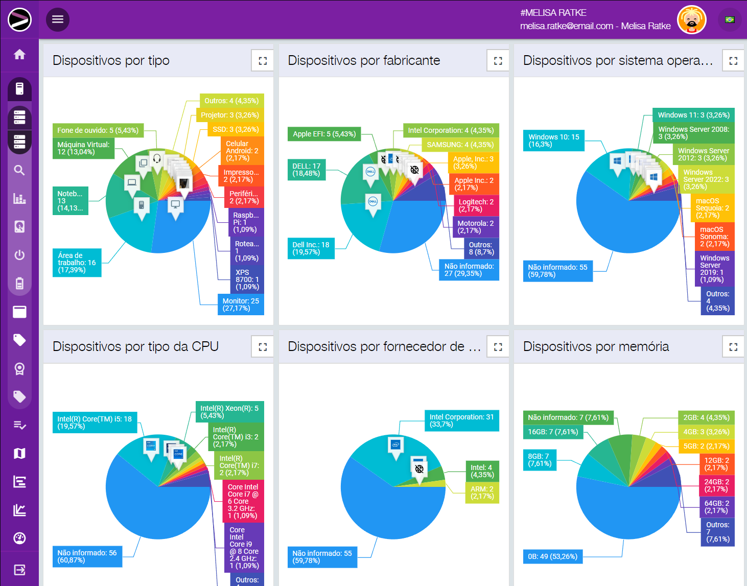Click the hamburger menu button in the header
(58, 19)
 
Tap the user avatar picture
(691, 20)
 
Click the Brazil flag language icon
(730, 20)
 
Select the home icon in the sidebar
(19, 54)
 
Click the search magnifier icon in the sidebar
(19, 170)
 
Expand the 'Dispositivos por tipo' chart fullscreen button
(263, 61)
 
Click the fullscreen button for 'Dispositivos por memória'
(733, 347)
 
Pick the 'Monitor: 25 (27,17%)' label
(241, 304)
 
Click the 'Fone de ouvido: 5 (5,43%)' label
(98, 130)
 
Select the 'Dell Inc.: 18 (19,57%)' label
(311, 248)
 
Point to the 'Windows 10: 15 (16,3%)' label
(553, 140)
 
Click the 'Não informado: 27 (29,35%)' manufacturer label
(469, 270)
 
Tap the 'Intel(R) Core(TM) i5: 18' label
(95, 423)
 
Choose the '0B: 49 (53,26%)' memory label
(552, 556)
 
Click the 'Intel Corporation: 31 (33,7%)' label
(461, 420)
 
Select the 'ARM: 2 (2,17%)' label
(482, 493)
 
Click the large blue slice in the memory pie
(628, 511)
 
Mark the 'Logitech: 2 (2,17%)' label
(476, 205)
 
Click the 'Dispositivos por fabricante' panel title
(364, 60)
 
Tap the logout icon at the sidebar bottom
(19, 570)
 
